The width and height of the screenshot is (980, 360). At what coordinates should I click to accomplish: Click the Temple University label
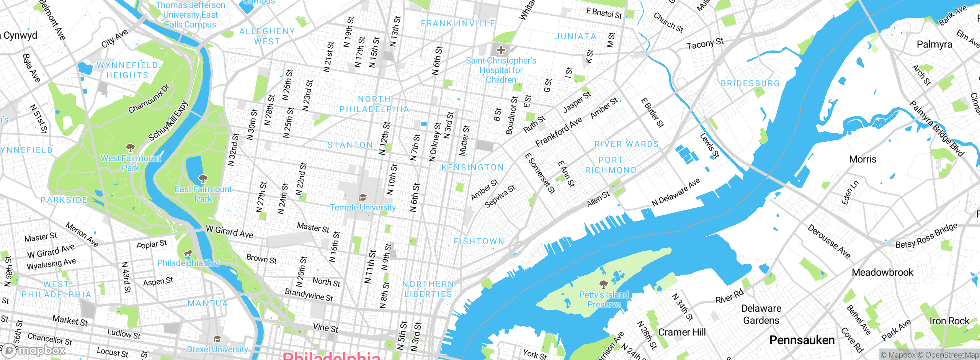click(x=363, y=208)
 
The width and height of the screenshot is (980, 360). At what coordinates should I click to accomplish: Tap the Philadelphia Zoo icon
click(x=188, y=253)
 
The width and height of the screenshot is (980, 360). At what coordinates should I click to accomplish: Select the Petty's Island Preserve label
click(x=604, y=299)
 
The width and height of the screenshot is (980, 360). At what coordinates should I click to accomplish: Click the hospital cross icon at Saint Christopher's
click(x=501, y=50)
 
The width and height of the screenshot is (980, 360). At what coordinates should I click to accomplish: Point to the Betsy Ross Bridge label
click(x=926, y=236)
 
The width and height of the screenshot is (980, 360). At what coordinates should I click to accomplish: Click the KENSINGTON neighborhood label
click(x=472, y=168)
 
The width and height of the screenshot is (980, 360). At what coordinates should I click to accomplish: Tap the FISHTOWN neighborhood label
click(x=479, y=241)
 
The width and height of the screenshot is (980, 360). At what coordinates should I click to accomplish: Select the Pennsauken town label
click(x=802, y=340)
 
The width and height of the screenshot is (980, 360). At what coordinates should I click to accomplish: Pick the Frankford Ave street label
click(x=559, y=132)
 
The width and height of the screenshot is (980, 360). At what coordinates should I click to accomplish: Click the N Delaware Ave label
click(x=676, y=192)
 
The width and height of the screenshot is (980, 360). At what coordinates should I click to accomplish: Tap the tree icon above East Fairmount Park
click(x=203, y=178)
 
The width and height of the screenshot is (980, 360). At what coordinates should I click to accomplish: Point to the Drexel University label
click(x=217, y=349)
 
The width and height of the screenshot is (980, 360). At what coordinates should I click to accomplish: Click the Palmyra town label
click(x=934, y=44)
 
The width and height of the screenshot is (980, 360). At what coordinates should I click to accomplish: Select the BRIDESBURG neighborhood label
click(x=750, y=83)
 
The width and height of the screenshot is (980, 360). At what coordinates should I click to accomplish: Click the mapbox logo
click(x=34, y=350)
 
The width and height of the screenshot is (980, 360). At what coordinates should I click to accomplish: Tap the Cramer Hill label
click(x=681, y=332)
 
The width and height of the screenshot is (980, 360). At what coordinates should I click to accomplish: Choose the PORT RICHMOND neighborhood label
click(x=611, y=165)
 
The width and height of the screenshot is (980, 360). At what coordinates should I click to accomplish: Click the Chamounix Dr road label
click(x=149, y=99)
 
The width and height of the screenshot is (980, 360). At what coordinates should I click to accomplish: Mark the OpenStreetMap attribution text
click(x=952, y=355)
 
